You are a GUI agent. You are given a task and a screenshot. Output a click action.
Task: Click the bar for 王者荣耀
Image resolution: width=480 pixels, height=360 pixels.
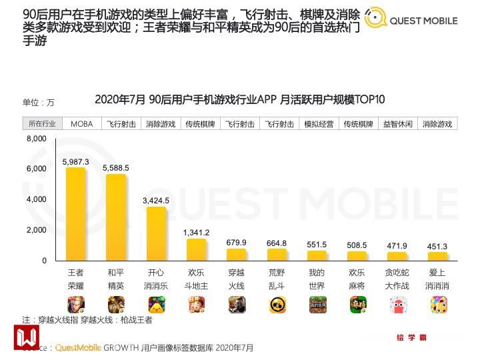point(75,214)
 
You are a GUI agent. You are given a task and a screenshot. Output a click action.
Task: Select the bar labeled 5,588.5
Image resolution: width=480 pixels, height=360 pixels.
point(116,217)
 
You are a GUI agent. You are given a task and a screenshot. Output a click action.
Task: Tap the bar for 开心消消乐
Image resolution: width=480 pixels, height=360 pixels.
point(156,233)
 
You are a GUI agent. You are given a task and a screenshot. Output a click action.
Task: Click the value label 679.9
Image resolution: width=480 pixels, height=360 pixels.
point(237,242)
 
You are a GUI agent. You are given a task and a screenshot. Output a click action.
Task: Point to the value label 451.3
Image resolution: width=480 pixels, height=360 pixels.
point(437,246)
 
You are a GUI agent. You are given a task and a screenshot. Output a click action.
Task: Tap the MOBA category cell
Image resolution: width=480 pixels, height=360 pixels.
point(82,124)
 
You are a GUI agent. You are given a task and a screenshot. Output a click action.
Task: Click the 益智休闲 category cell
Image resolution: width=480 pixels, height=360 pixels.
point(398,124)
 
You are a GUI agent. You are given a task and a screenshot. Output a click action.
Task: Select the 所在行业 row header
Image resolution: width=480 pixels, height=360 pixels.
point(43,124)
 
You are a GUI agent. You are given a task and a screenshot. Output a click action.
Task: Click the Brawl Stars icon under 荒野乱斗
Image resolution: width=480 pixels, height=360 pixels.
point(277,305)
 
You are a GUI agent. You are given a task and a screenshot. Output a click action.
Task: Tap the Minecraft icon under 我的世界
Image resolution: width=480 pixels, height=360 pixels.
point(317,305)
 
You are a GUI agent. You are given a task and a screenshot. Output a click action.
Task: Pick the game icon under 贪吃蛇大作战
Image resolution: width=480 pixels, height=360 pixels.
point(398,305)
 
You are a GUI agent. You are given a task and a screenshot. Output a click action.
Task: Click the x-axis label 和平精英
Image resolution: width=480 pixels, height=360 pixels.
point(116,278)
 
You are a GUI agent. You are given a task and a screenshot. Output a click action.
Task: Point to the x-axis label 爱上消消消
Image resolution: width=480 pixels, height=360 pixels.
point(437,278)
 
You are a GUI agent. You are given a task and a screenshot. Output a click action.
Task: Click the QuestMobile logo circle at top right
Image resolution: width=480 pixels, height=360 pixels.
point(375,19)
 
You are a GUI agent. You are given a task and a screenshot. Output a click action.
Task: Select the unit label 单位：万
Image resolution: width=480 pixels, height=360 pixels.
point(39,102)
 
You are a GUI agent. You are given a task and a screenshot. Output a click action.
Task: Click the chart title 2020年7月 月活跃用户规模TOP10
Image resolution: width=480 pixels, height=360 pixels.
point(239,100)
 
